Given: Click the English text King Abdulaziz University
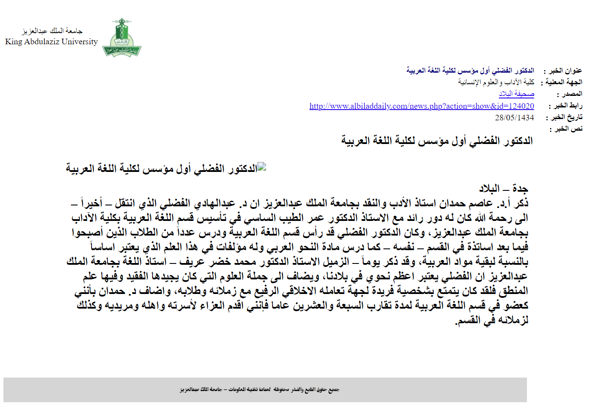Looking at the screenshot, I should [x=52, y=42].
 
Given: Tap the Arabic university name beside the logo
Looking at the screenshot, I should [x=52, y=31].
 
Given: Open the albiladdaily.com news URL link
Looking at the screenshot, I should [x=422, y=106].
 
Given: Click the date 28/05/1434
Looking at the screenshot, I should [x=514, y=118].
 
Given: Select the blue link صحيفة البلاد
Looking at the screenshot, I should [x=516, y=94].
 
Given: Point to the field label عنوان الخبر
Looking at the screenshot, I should [x=565, y=70].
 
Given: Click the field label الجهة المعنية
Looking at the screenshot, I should [x=563, y=82].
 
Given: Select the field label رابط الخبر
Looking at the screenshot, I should [x=567, y=106].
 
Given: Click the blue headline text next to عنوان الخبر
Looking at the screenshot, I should [x=470, y=70].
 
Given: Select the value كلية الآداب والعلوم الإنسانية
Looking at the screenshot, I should [x=496, y=82].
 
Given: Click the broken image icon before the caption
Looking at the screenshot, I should [x=262, y=167].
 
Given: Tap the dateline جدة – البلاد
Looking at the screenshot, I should [x=503, y=189].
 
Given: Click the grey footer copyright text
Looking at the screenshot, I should [x=259, y=390].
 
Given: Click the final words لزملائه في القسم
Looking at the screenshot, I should [x=492, y=320].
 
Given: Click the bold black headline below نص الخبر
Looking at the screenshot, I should [x=437, y=141].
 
